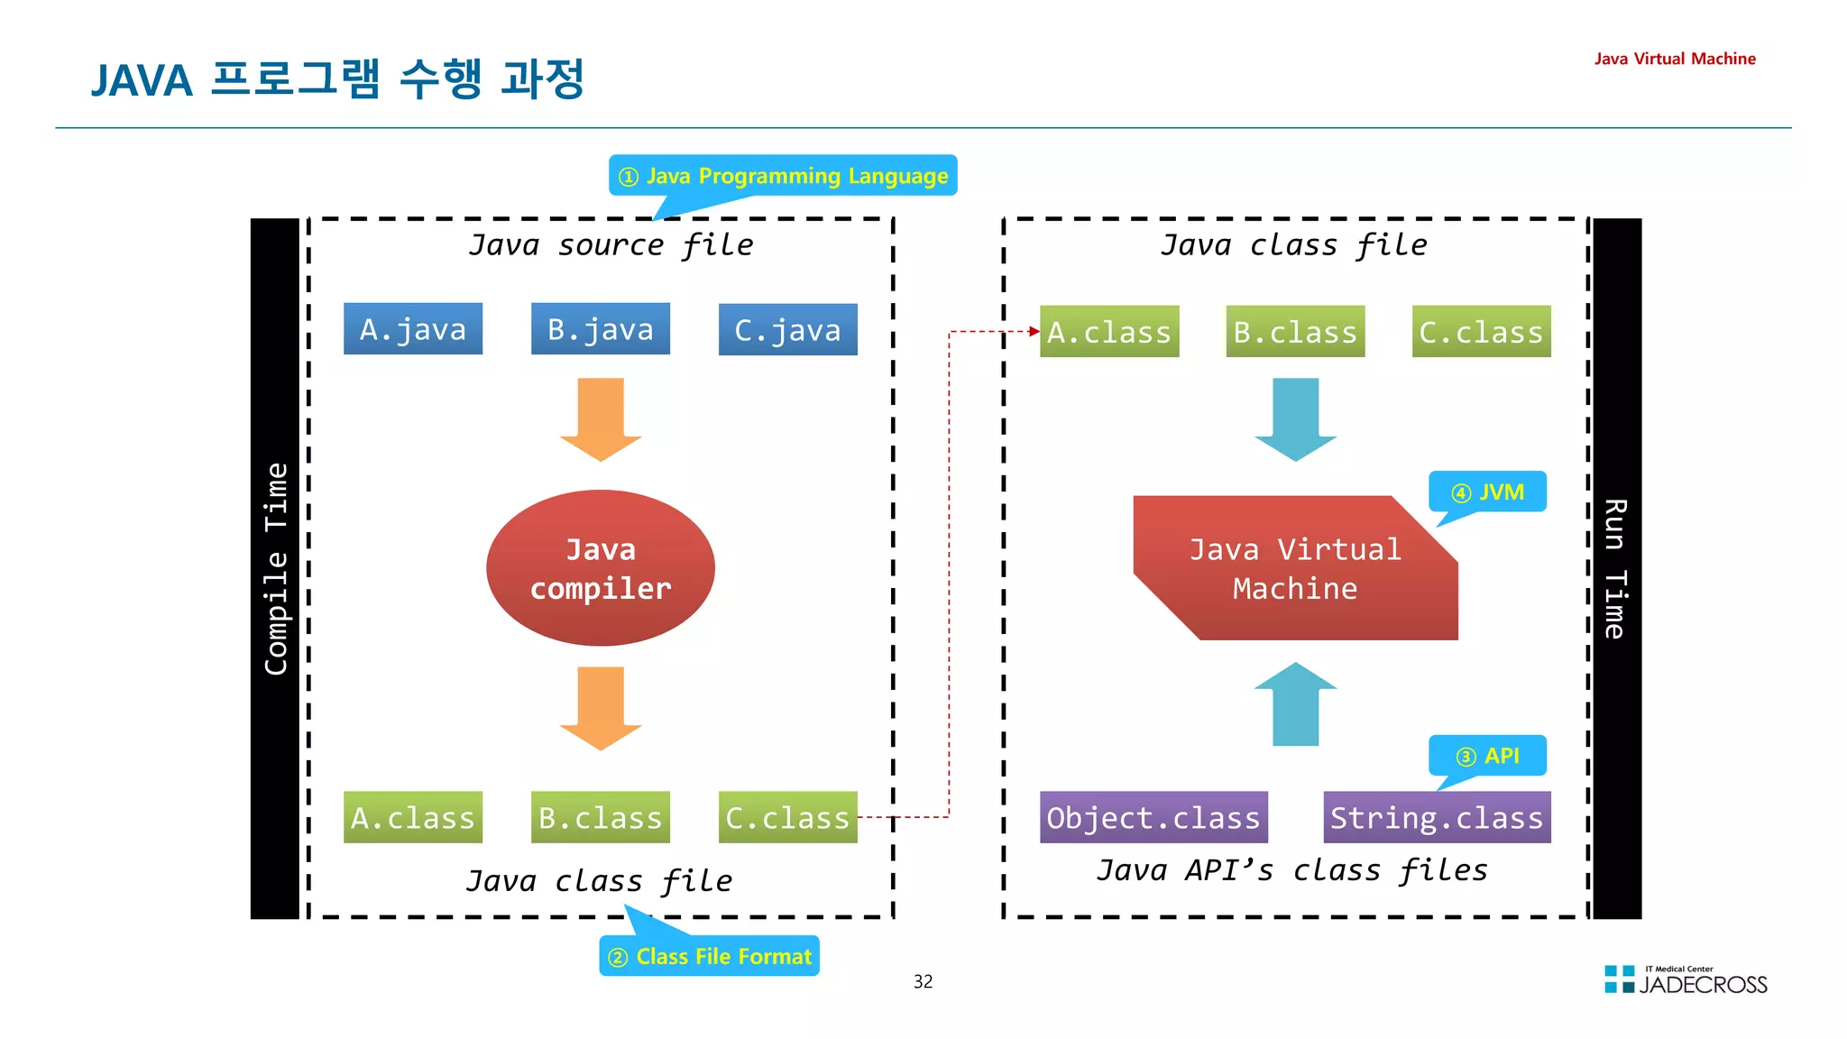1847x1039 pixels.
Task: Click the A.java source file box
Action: pos(413,329)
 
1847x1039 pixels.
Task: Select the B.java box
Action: pos(601,329)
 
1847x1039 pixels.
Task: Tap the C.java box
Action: pos(787,330)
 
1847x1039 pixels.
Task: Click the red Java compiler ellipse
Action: pos(601,568)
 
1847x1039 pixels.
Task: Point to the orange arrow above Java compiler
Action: pos(601,418)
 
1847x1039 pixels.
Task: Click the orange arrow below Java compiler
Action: pos(601,707)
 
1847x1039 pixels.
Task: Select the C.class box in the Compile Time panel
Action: pos(787,817)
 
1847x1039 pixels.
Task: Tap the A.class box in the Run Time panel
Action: pos(1109,332)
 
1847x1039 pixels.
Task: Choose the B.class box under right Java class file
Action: pos(1295,332)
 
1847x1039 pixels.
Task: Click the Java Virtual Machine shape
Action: pos(1295,568)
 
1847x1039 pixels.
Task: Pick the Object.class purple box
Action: pos(1153,817)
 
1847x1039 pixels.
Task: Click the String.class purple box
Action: pos(1437,817)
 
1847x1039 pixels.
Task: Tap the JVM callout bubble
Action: pos(1488,492)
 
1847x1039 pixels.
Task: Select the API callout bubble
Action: pos(1488,756)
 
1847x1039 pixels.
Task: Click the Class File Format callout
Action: pos(710,956)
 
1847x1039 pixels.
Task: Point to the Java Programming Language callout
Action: pos(783,176)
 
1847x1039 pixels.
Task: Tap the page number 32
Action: pos(923,981)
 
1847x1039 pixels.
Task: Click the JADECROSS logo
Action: pos(1686,980)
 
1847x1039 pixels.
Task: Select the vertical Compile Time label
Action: pos(276,568)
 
